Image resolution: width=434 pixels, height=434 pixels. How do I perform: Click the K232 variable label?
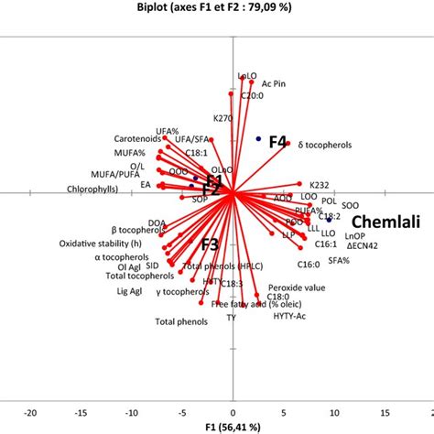point(319,183)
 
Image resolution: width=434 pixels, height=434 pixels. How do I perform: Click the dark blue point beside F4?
point(259,138)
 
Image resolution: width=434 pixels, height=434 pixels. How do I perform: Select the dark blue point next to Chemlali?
point(329,219)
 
